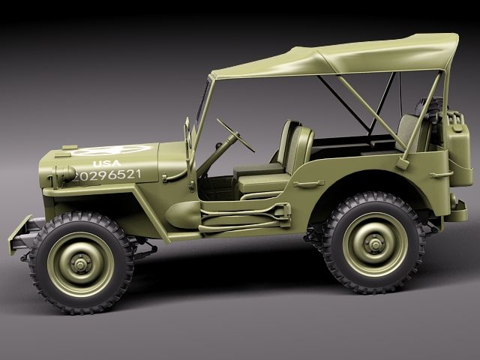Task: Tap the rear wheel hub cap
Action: tap(373, 243)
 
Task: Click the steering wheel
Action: tap(236, 134)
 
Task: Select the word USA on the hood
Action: tap(106, 163)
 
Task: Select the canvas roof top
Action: tap(337, 55)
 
